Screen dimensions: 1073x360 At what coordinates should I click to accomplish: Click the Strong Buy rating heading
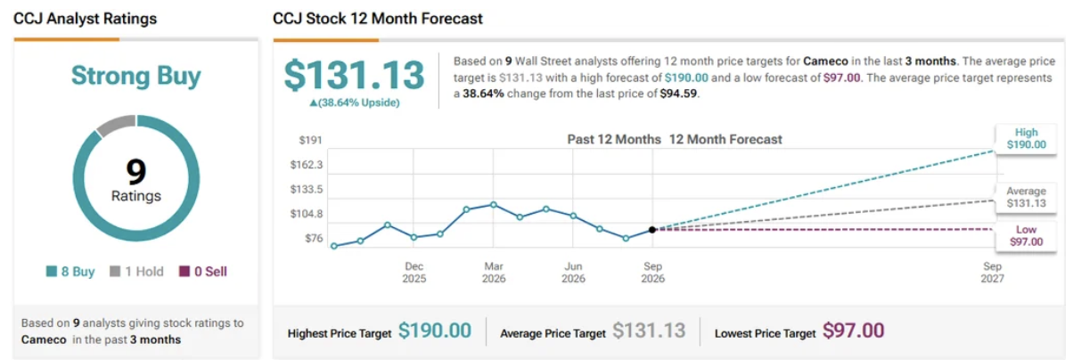[136, 77]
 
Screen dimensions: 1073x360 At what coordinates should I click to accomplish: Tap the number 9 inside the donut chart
[136, 171]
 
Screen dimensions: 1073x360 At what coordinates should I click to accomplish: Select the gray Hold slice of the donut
[117, 124]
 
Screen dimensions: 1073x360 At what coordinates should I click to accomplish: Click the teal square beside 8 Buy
[52, 272]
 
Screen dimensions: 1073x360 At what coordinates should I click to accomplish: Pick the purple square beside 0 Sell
[184, 272]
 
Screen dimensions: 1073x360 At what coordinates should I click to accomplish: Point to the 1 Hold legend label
[144, 272]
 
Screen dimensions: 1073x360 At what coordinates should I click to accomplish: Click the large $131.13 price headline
[354, 75]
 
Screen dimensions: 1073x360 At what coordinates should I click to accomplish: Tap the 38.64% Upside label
[355, 103]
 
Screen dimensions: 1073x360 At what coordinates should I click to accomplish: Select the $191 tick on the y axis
[310, 140]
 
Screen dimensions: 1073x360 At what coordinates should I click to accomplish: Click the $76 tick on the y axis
[314, 239]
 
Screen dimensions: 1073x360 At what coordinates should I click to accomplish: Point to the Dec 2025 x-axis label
[414, 273]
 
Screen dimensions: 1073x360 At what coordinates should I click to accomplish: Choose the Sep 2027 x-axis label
[992, 273]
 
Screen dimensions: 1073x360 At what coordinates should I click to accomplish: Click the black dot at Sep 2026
[652, 230]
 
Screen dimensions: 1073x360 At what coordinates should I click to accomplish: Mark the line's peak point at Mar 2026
[494, 205]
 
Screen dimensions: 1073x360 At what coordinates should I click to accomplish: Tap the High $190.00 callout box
[1026, 139]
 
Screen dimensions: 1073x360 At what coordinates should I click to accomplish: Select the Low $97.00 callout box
[1026, 236]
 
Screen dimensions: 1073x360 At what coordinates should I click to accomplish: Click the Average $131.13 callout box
[1026, 197]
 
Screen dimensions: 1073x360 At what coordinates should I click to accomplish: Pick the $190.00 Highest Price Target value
[435, 331]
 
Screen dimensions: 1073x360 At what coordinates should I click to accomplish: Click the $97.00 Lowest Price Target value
[854, 331]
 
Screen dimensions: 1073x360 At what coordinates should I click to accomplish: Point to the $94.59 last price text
[678, 94]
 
